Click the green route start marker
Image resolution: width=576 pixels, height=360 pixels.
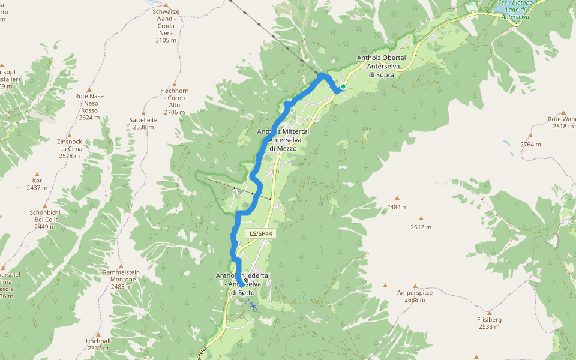pyautogui.click(x=343, y=86)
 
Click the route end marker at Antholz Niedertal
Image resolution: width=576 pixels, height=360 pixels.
pyautogui.click(x=246, y=280)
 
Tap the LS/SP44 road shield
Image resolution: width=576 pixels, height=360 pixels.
pyautogui.click(x=260, y=233)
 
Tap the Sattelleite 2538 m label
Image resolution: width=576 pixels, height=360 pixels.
pyautogui.click(x=143, y=123)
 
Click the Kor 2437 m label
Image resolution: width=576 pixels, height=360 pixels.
pyautogui.click(x=38, y=184)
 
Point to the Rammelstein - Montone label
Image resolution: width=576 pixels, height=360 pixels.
pyautogui.click(x=121, y=279)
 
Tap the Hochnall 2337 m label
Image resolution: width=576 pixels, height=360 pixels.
pyautogui.click(x=98, y=344)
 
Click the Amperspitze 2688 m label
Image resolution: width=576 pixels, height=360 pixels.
pyautogui.click(x=415, y=296)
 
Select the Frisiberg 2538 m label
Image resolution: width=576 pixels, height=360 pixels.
pyautogui.click(x=489, y=323)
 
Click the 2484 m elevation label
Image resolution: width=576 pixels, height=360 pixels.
pyautogui.click(x=397, y=207)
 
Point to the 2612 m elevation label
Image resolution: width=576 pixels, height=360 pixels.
pyautogui.click(x=421, y=227)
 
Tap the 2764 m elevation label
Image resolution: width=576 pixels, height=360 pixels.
pyautogui.click(x=530, y=145)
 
